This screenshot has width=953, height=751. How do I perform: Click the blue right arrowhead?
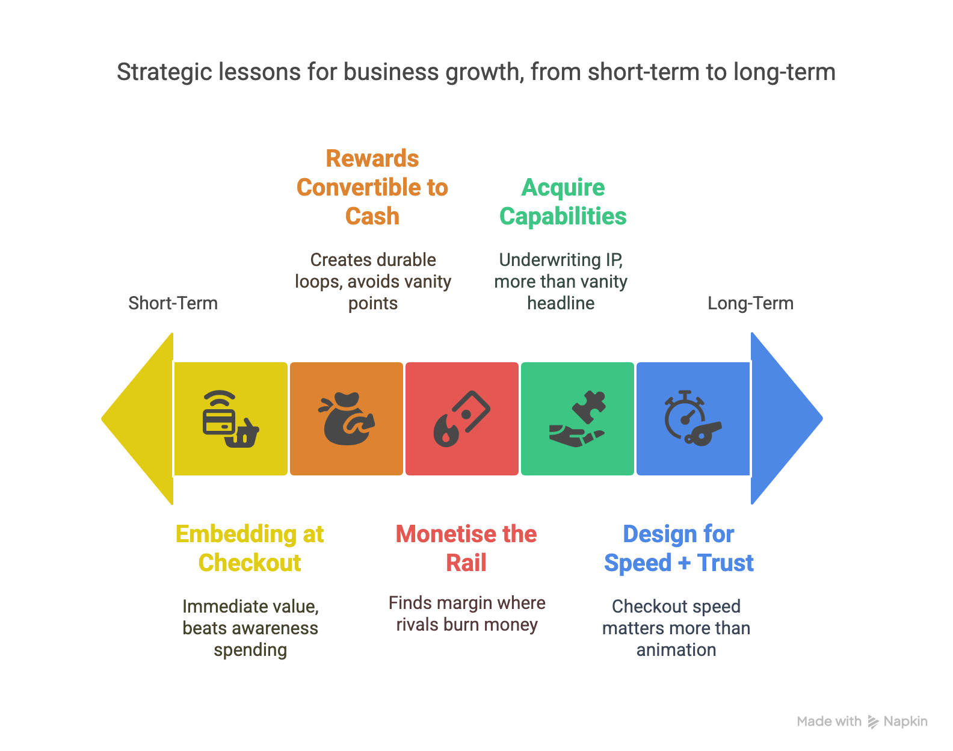782,419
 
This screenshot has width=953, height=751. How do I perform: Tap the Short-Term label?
173,303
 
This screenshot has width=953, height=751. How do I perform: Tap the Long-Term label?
750,303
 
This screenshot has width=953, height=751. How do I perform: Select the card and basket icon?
230,419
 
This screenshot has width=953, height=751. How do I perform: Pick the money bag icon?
347,419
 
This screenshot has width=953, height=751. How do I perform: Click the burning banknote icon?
461,419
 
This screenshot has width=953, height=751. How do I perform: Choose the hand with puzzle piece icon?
577,419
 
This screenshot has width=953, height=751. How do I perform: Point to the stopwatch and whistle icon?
692,418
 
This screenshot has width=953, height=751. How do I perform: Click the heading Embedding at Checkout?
250,549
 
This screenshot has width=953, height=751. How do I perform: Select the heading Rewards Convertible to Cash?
372,187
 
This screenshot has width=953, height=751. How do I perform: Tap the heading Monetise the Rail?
466,549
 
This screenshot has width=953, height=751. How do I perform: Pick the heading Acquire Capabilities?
563,202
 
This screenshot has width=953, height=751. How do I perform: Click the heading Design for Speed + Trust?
679,549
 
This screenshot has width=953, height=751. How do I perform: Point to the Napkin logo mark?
873,722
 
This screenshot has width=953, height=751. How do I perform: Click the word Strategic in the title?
164,72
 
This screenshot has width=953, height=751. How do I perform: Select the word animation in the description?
676,650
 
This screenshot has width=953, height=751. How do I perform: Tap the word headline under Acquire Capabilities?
561,303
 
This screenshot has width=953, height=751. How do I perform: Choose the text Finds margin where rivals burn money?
467,614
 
